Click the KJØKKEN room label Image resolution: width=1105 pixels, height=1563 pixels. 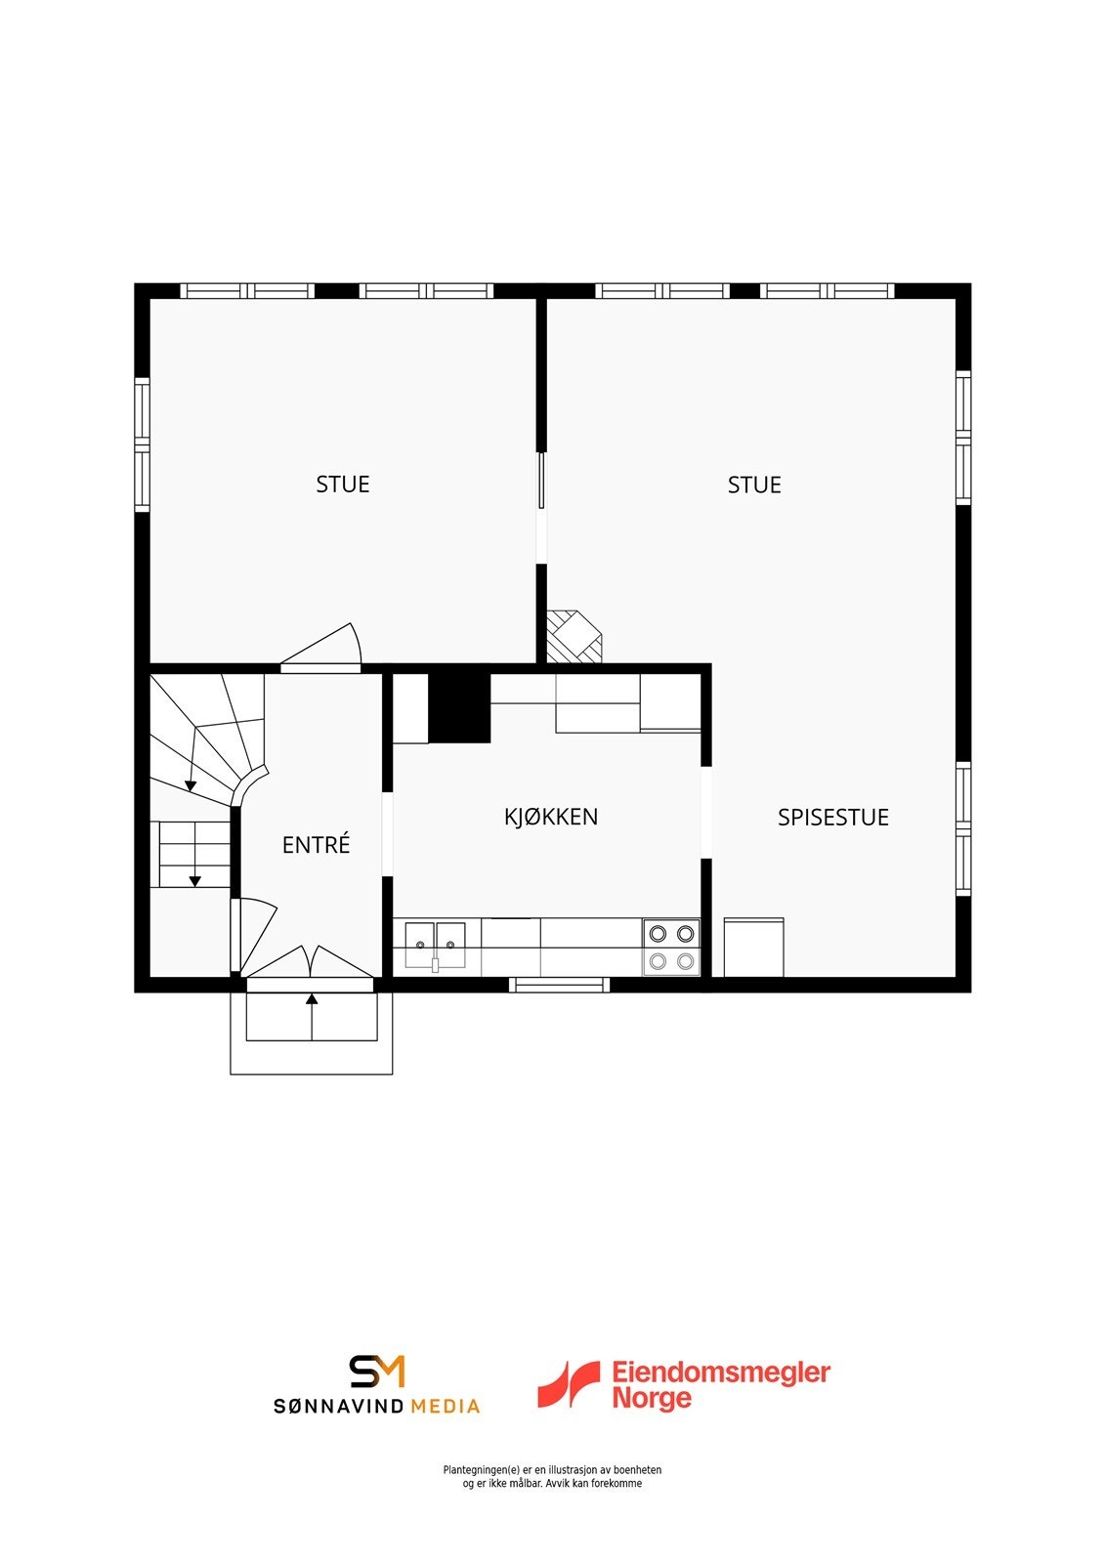(551, 817)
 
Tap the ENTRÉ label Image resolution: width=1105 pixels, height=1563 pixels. (316, 844)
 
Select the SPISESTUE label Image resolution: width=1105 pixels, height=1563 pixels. (832, 817)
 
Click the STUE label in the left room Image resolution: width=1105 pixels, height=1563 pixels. (343, 485)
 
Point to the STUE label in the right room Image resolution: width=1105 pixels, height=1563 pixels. (754, 485)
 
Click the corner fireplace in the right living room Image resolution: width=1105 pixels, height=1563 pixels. (573, 636)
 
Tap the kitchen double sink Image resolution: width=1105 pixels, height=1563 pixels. (437, 946)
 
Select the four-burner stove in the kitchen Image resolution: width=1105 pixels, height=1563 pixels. (671, 947)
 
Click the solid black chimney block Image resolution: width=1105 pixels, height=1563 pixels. (458, 707)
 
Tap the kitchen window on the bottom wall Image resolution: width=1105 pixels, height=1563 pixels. (559, 985)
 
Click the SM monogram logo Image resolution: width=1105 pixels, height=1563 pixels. (377, 1372)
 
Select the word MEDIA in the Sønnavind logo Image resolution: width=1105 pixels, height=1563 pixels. (445, 1406)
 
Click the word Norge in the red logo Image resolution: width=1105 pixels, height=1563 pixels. (652, 1398)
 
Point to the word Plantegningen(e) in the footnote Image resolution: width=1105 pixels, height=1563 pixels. (481, 1470)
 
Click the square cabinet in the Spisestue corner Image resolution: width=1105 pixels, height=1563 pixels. (753, 947)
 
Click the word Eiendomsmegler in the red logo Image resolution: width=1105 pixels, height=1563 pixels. (721, 1372)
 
